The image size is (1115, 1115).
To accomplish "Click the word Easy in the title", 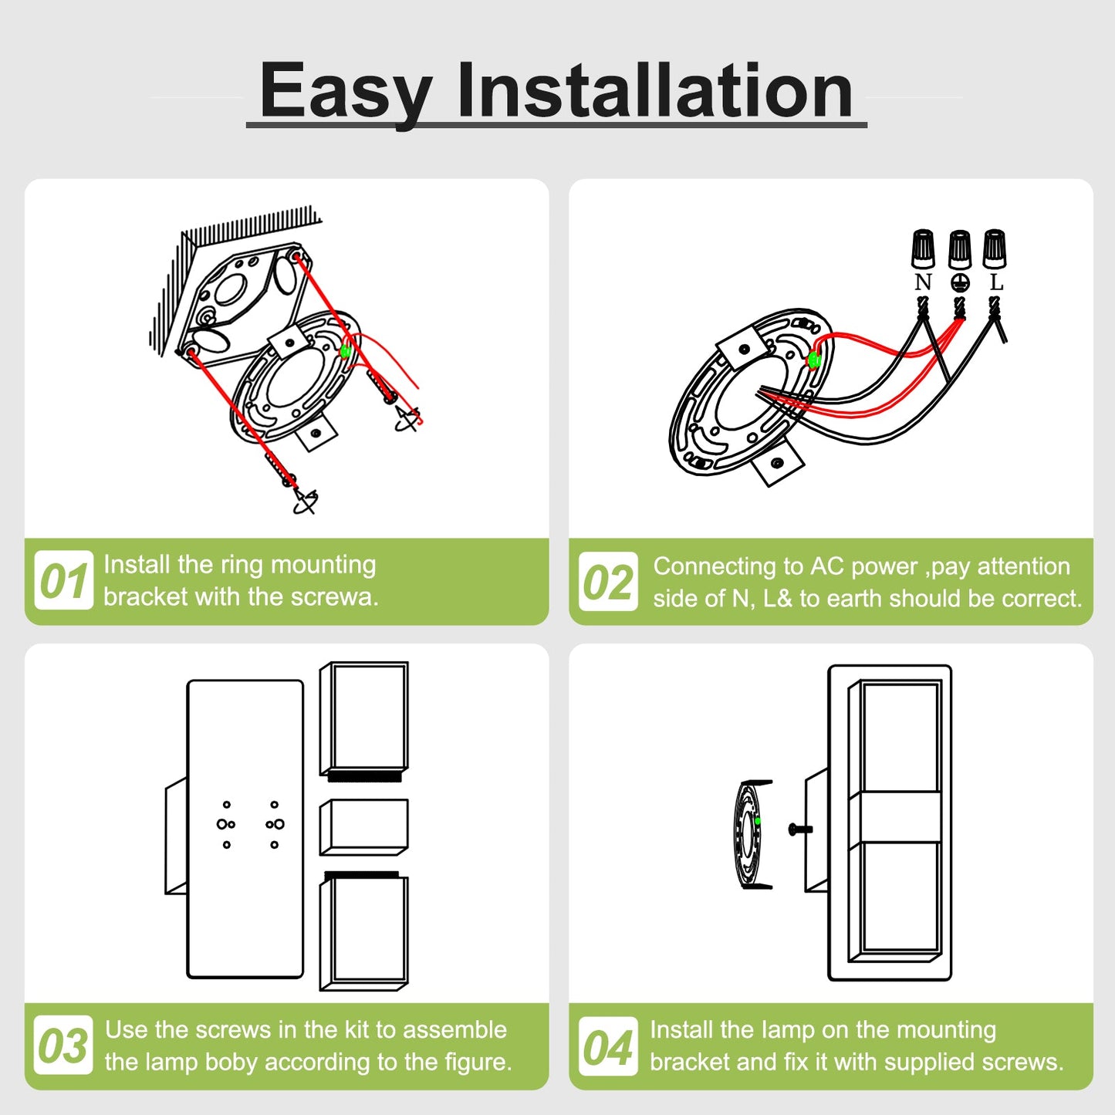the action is click(x=346, y=92).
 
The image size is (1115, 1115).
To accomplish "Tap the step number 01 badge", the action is click(x=63, y=579).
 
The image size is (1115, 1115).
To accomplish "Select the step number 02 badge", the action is click(x=608, y=581).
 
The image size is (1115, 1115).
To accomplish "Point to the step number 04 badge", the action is click(x=608, y=1046).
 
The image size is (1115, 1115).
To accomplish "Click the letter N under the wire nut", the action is click(x=923, y=282).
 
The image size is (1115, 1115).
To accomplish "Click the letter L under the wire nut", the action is click(x=996, y=282).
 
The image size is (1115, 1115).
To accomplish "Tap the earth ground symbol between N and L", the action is click(x=960, y=282).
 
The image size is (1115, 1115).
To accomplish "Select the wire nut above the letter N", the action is click(x=923, y=248).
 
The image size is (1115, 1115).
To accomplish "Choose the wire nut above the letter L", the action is click(x=995, y=248).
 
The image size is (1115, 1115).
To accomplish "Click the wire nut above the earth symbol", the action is click(x=959, y=249).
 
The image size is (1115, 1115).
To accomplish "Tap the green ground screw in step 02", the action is click(x=813, y=360).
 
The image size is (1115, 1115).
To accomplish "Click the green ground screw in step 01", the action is click(x=346, y=350).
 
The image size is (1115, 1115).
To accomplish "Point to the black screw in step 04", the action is click(x=800, y=829).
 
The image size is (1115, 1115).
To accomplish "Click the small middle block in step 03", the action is click(x=364, y=827).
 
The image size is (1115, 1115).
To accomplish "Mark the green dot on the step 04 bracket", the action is click(x=758, y=821).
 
